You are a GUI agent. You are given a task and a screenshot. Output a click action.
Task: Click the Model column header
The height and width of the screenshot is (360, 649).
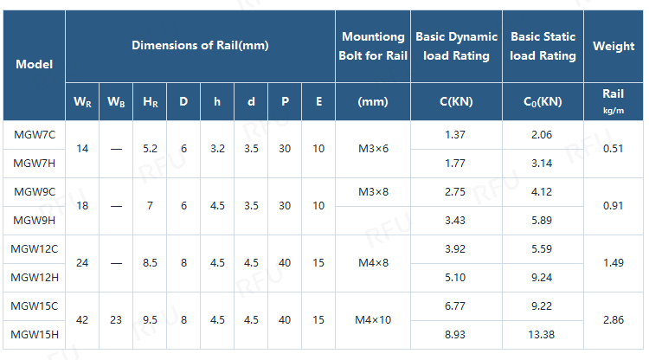34,64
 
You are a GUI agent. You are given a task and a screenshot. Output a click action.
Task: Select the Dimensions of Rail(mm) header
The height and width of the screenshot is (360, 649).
200,45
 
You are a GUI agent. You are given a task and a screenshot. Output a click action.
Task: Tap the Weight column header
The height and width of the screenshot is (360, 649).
614,46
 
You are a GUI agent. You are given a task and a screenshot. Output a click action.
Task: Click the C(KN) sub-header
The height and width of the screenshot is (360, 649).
455,101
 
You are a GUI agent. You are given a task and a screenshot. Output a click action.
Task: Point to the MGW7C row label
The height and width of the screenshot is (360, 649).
35,135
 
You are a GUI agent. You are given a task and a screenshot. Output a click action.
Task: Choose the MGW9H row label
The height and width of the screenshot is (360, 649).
35,220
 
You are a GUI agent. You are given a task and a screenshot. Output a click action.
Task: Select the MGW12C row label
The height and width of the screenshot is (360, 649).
35,249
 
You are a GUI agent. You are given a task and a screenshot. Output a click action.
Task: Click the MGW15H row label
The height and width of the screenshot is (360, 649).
35,334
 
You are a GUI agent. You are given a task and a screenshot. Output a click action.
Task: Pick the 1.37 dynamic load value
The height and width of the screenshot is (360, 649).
455,135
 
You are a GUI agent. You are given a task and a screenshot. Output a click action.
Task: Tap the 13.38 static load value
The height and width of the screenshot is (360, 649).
542,334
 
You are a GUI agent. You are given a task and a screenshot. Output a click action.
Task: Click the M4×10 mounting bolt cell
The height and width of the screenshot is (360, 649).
373,320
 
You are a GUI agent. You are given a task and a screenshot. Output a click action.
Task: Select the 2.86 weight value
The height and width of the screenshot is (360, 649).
614,320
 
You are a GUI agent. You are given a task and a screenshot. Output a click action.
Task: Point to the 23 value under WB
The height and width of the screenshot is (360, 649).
116,320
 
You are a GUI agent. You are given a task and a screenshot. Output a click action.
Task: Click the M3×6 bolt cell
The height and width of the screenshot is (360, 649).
373,149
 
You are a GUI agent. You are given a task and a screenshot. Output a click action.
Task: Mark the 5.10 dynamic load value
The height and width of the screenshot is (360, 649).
455,277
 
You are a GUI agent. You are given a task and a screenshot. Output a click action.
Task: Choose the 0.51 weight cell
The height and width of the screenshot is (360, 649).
614,149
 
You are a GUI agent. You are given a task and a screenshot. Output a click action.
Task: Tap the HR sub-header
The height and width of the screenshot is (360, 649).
150,101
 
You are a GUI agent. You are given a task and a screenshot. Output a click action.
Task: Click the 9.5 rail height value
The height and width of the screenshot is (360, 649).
150,320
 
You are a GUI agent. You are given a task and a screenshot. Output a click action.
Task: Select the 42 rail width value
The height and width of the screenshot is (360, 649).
82,320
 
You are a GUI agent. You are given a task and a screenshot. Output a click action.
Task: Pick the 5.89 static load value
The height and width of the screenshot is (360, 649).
542,220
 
